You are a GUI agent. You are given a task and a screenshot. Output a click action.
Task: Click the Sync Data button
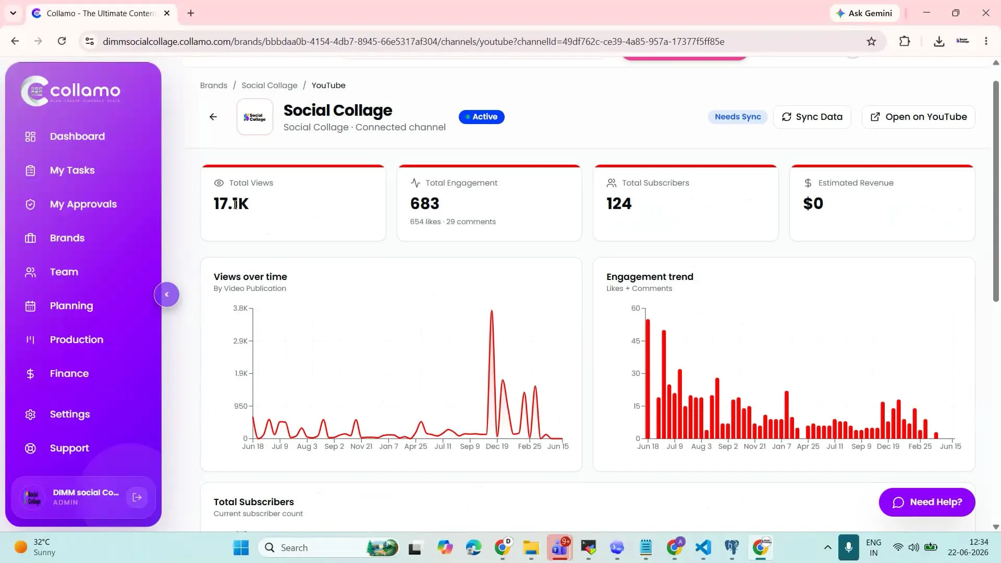[812, 117]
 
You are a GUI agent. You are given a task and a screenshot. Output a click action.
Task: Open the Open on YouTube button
[918, 117]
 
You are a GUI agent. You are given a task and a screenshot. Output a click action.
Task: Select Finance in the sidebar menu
[69, 373]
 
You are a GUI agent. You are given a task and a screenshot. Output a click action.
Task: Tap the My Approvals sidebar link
[83, 204]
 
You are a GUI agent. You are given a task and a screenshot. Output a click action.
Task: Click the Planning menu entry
[71, 305]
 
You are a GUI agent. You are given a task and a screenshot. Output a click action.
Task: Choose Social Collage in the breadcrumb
[269, 85]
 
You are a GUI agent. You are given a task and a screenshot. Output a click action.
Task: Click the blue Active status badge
[481, 117]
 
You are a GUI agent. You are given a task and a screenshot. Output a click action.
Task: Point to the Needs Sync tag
[738, 117]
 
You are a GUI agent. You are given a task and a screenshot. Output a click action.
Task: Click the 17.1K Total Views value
[231, 203]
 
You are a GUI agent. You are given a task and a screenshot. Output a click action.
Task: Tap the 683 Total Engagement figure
[424, 203]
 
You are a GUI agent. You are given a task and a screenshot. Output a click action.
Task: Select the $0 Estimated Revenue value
[813, 203]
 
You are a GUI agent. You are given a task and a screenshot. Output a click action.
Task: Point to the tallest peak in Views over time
[491, 311]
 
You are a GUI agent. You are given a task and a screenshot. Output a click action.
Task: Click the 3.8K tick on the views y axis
[240, 308]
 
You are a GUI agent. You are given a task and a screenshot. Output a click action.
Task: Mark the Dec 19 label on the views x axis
[497, 446]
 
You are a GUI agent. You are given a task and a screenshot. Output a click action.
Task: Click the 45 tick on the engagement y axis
[636, 341]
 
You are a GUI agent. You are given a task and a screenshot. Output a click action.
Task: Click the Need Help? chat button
[926, 502]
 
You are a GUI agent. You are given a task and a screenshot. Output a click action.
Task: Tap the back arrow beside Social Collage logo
[213, 117]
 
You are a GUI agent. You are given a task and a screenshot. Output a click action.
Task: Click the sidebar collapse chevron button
[167, 295]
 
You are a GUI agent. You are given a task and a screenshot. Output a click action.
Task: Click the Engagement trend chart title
[650, 277]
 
